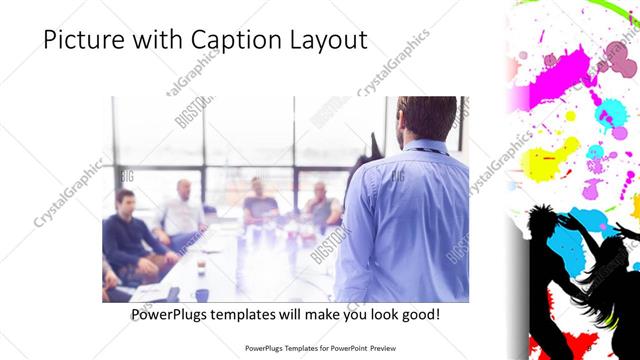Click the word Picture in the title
pyautogui.click(x=83, y=41)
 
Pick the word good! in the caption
pyautogui.click(x=417, y=314)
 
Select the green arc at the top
pyautogui.click(x=560, y=10)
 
